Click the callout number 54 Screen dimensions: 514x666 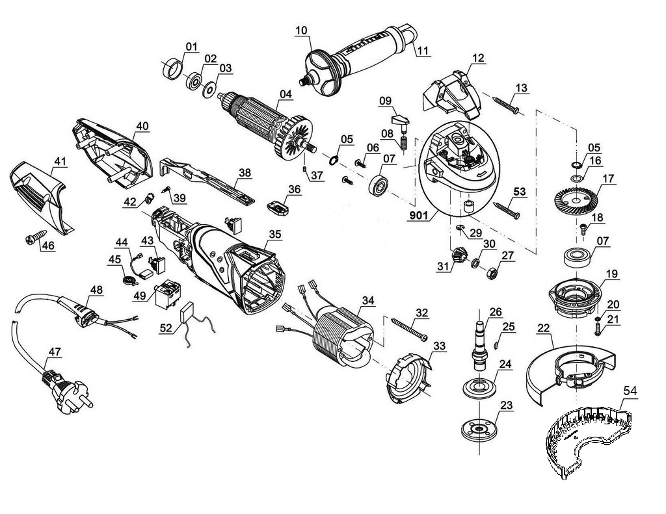(x=630, y=391)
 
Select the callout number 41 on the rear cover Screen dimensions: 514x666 (x=60, y=160)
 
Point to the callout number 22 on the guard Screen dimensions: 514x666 (x=544, y=329)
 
